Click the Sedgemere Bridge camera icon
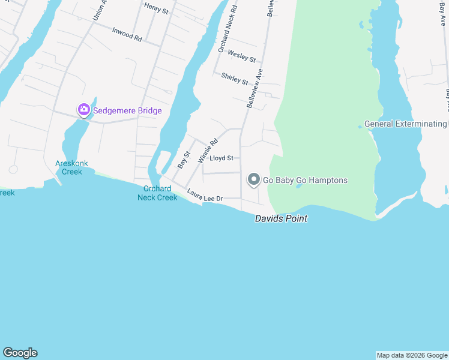click(83, 110)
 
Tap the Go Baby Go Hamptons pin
click(253, 179)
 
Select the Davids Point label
click(281, 219)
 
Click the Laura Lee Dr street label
click(205, 195)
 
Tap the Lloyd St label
click(221, 158)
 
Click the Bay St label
click(184, 159)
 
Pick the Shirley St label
click(234, 78)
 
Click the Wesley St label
click(242, 57)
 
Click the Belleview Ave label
click(255, 88)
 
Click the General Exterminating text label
click(406, 124)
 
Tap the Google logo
click(20, 353)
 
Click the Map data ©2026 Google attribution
click(412, 355)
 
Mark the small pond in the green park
click(298, 186)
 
